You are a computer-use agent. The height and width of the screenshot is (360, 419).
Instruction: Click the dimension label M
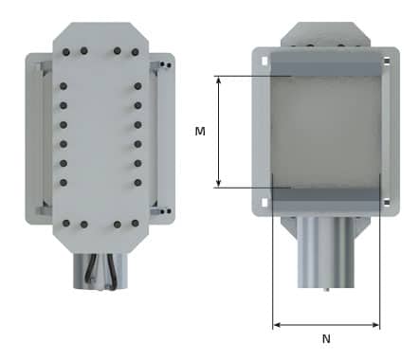tap(200, 131)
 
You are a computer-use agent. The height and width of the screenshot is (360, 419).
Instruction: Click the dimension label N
tap(326, 339)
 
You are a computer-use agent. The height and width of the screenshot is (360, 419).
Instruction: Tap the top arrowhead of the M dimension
tap(218, 80)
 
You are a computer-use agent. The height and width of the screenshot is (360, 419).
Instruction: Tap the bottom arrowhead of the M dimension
tap(218, 184)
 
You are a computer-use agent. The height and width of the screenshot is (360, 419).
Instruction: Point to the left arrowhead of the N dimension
tap(277, 325)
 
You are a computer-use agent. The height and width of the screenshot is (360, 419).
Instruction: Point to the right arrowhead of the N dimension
tap(375, 325)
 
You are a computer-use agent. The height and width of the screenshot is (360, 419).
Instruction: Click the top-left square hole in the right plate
tap(264, 61)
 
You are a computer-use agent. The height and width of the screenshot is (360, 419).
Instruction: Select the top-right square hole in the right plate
tap(387, 61)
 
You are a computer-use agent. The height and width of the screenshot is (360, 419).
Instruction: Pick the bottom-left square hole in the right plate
tap(264, 203)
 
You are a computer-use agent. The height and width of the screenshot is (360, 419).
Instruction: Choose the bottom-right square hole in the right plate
tap(387, 202)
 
